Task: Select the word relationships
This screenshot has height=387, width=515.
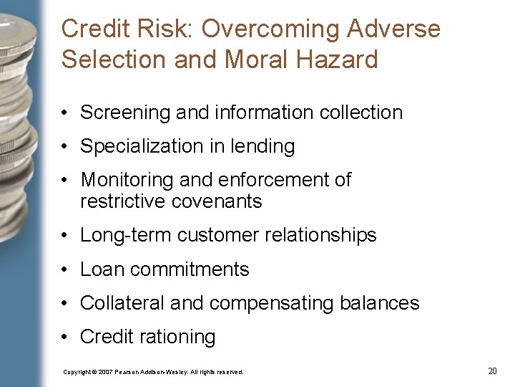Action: click(x=319, y=235)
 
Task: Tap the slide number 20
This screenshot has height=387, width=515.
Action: click(x=492, y=371)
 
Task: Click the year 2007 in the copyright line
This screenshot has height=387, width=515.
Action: click(x=105, y=372)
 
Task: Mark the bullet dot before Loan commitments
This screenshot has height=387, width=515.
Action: click(x=65, y=269)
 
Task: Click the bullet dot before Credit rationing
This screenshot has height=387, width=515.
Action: click(x=65, y=337)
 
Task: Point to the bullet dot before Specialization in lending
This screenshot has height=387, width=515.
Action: click(x=65, y=146)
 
